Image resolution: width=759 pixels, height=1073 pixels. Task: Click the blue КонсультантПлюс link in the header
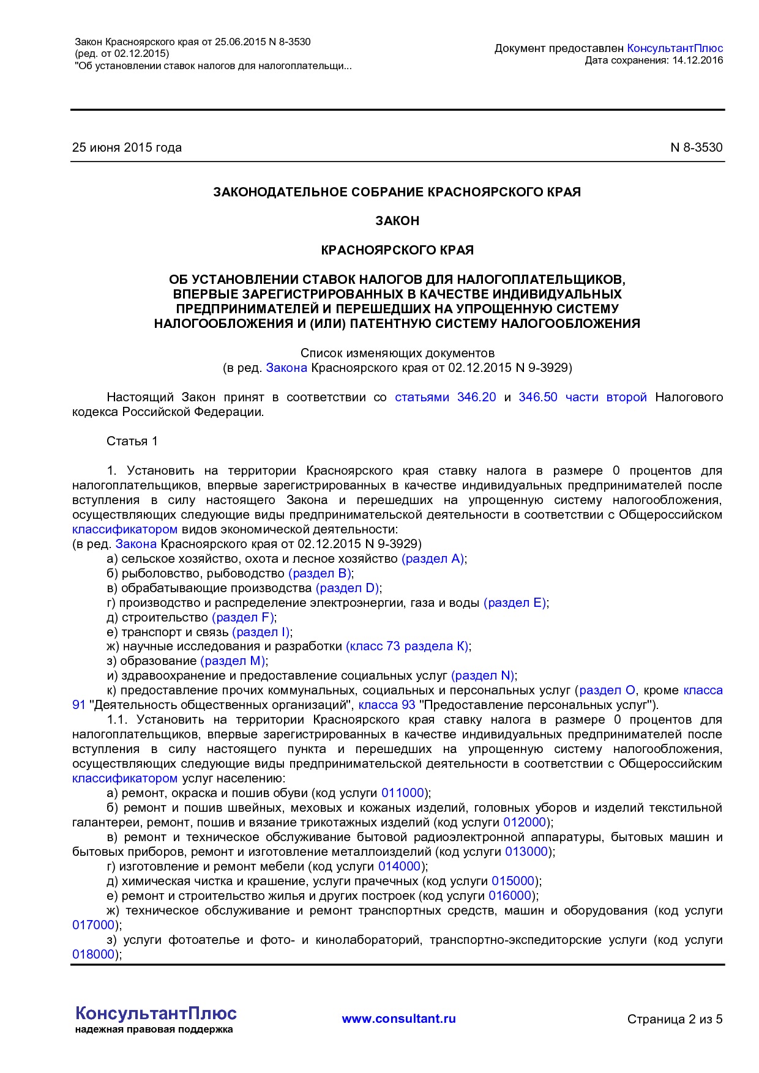(675, 48)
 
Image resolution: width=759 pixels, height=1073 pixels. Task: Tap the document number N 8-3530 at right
(696, 147)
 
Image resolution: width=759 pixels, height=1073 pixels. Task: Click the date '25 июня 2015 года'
(127, 147)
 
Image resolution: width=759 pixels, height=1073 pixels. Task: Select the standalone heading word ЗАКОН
(397, 221)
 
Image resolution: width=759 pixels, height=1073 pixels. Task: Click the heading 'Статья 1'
(132, 441)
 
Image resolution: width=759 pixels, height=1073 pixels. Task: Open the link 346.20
(476, 397)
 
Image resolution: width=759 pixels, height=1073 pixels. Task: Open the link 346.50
(537, 397)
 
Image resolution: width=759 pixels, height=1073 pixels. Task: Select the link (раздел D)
(348, 588)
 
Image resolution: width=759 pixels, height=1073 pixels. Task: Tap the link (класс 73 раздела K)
(408, 646)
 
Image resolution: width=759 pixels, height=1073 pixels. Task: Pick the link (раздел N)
(483, 675)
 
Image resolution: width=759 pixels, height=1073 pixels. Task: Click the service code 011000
(403, 793)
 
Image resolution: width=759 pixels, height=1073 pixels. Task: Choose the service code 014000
(400, 866)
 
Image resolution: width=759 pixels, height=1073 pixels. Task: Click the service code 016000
(510, 896)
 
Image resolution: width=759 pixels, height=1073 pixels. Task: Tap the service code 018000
(94, 954)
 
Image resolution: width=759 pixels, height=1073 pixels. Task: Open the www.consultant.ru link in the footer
(398, 1019)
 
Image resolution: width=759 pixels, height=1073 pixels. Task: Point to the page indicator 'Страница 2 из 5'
(675, 1019)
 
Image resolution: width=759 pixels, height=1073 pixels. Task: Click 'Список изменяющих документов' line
(397, 353)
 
